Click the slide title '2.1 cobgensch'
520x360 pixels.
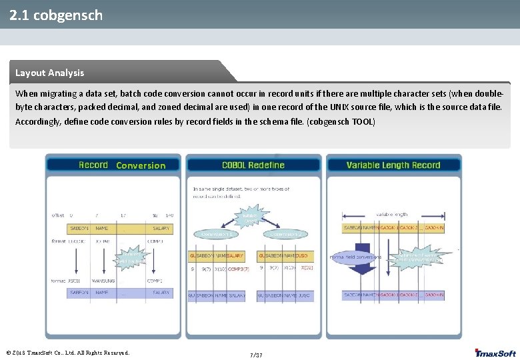point(57,15)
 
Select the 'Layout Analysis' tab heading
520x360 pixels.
point(50,73)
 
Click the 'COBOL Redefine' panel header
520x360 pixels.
point(253,165)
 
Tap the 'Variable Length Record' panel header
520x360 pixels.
point(393,165)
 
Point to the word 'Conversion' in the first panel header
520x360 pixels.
point(141,165)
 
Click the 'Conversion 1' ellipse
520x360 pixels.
point(217,234)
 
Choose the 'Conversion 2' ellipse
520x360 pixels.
point(284,234)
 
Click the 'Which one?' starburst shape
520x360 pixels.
point(251,217)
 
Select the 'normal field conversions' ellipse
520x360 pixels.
point(356,257)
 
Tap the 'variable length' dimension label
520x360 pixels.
point(392,215)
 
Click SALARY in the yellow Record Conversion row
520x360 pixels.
point(161,229)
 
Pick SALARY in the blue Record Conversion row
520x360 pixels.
point(161,293)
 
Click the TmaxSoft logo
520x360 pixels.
point(495,353)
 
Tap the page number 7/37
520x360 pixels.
point(256,355)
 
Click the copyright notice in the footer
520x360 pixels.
point(67,353)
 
